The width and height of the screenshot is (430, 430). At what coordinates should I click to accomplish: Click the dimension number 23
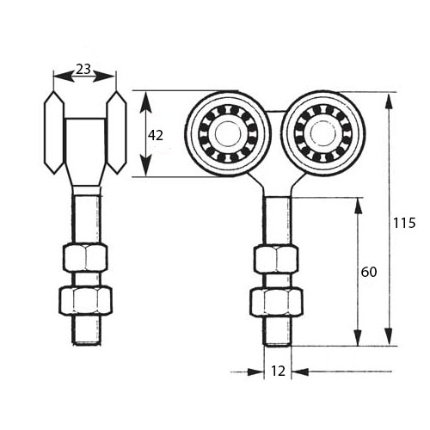coord(83,69)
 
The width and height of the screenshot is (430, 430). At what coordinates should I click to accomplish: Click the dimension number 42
coord(156,135)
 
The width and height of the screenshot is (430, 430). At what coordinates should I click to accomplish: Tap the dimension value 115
coord(404,223)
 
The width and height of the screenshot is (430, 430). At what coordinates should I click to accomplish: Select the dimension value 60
coord(369,272)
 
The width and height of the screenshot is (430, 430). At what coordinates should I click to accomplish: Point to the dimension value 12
coord(278,372)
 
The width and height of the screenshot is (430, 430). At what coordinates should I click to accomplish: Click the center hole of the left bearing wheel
coord(227,133)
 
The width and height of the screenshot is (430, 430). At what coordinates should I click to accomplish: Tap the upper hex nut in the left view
coord(85,257)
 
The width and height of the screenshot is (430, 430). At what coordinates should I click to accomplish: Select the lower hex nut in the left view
coord(85,300)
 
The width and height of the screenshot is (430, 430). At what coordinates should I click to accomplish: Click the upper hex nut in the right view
coord(276,259)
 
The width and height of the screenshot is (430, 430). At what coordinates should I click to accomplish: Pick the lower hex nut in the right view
coord(276,303)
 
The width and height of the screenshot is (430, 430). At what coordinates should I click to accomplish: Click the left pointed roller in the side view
coord(54,132)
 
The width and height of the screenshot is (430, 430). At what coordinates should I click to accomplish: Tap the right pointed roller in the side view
coord(116,132)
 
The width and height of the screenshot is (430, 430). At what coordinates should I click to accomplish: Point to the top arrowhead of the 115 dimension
coord(389,101)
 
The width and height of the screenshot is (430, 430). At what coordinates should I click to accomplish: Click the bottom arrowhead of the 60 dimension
coord(358,338)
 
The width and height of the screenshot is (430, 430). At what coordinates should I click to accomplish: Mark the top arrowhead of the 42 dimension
coord(146,100)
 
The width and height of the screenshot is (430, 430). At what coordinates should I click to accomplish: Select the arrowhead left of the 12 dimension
coord(255,372)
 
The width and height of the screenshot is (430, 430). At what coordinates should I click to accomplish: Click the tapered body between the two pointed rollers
coord(85,152)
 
